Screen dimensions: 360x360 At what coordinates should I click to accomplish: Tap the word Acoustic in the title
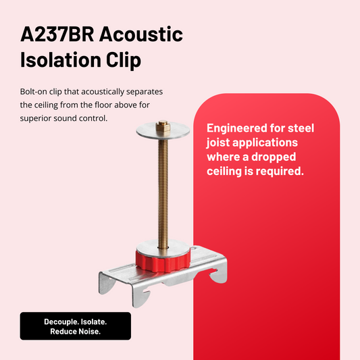pyautogui.click(x=143, y=34)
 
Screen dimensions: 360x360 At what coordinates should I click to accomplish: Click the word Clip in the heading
pyautogui.click(x=124, y=61)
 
